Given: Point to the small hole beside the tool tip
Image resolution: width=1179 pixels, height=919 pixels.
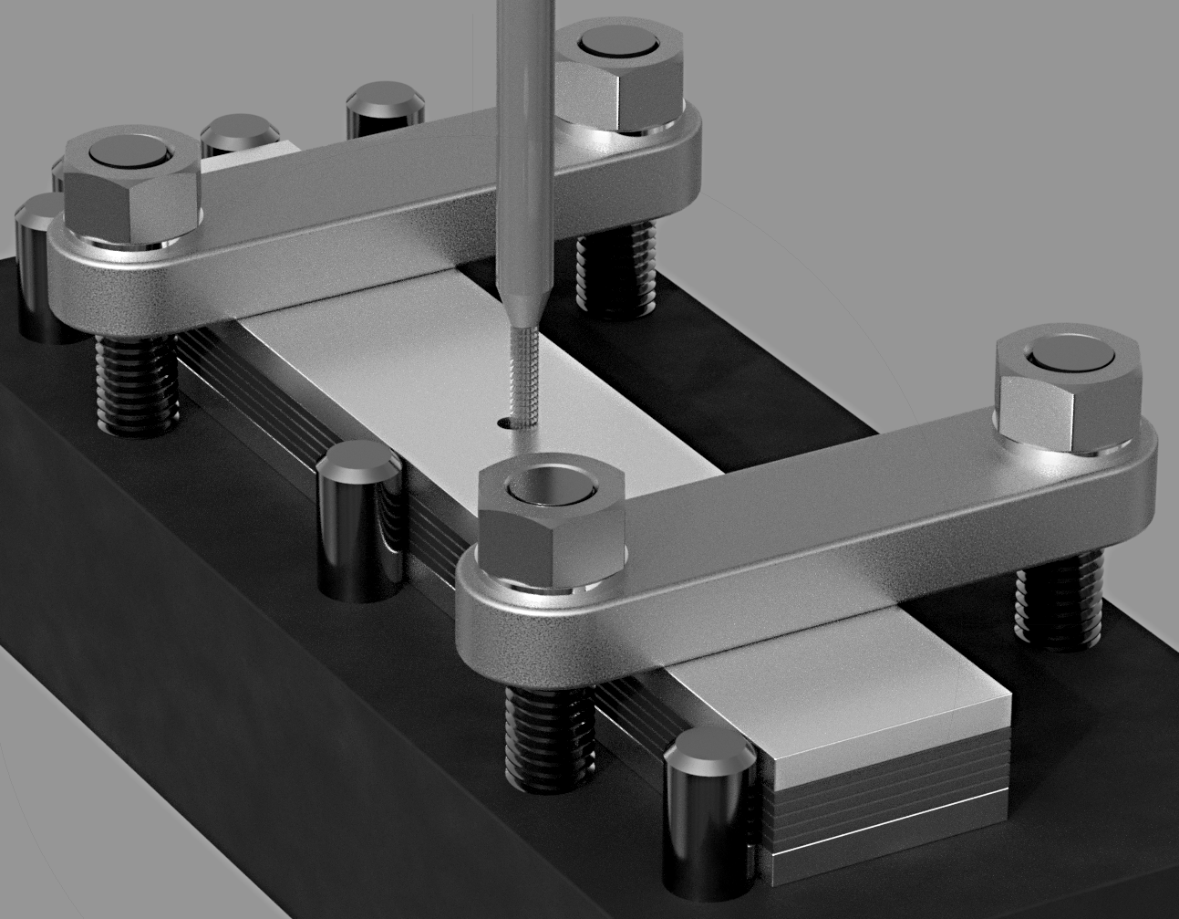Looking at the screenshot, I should (x=503, y=423).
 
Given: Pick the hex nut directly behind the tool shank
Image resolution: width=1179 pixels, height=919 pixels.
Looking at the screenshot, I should (x=620, y=78).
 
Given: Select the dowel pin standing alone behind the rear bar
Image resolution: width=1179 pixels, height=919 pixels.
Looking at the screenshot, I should (x=384, y=110).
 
